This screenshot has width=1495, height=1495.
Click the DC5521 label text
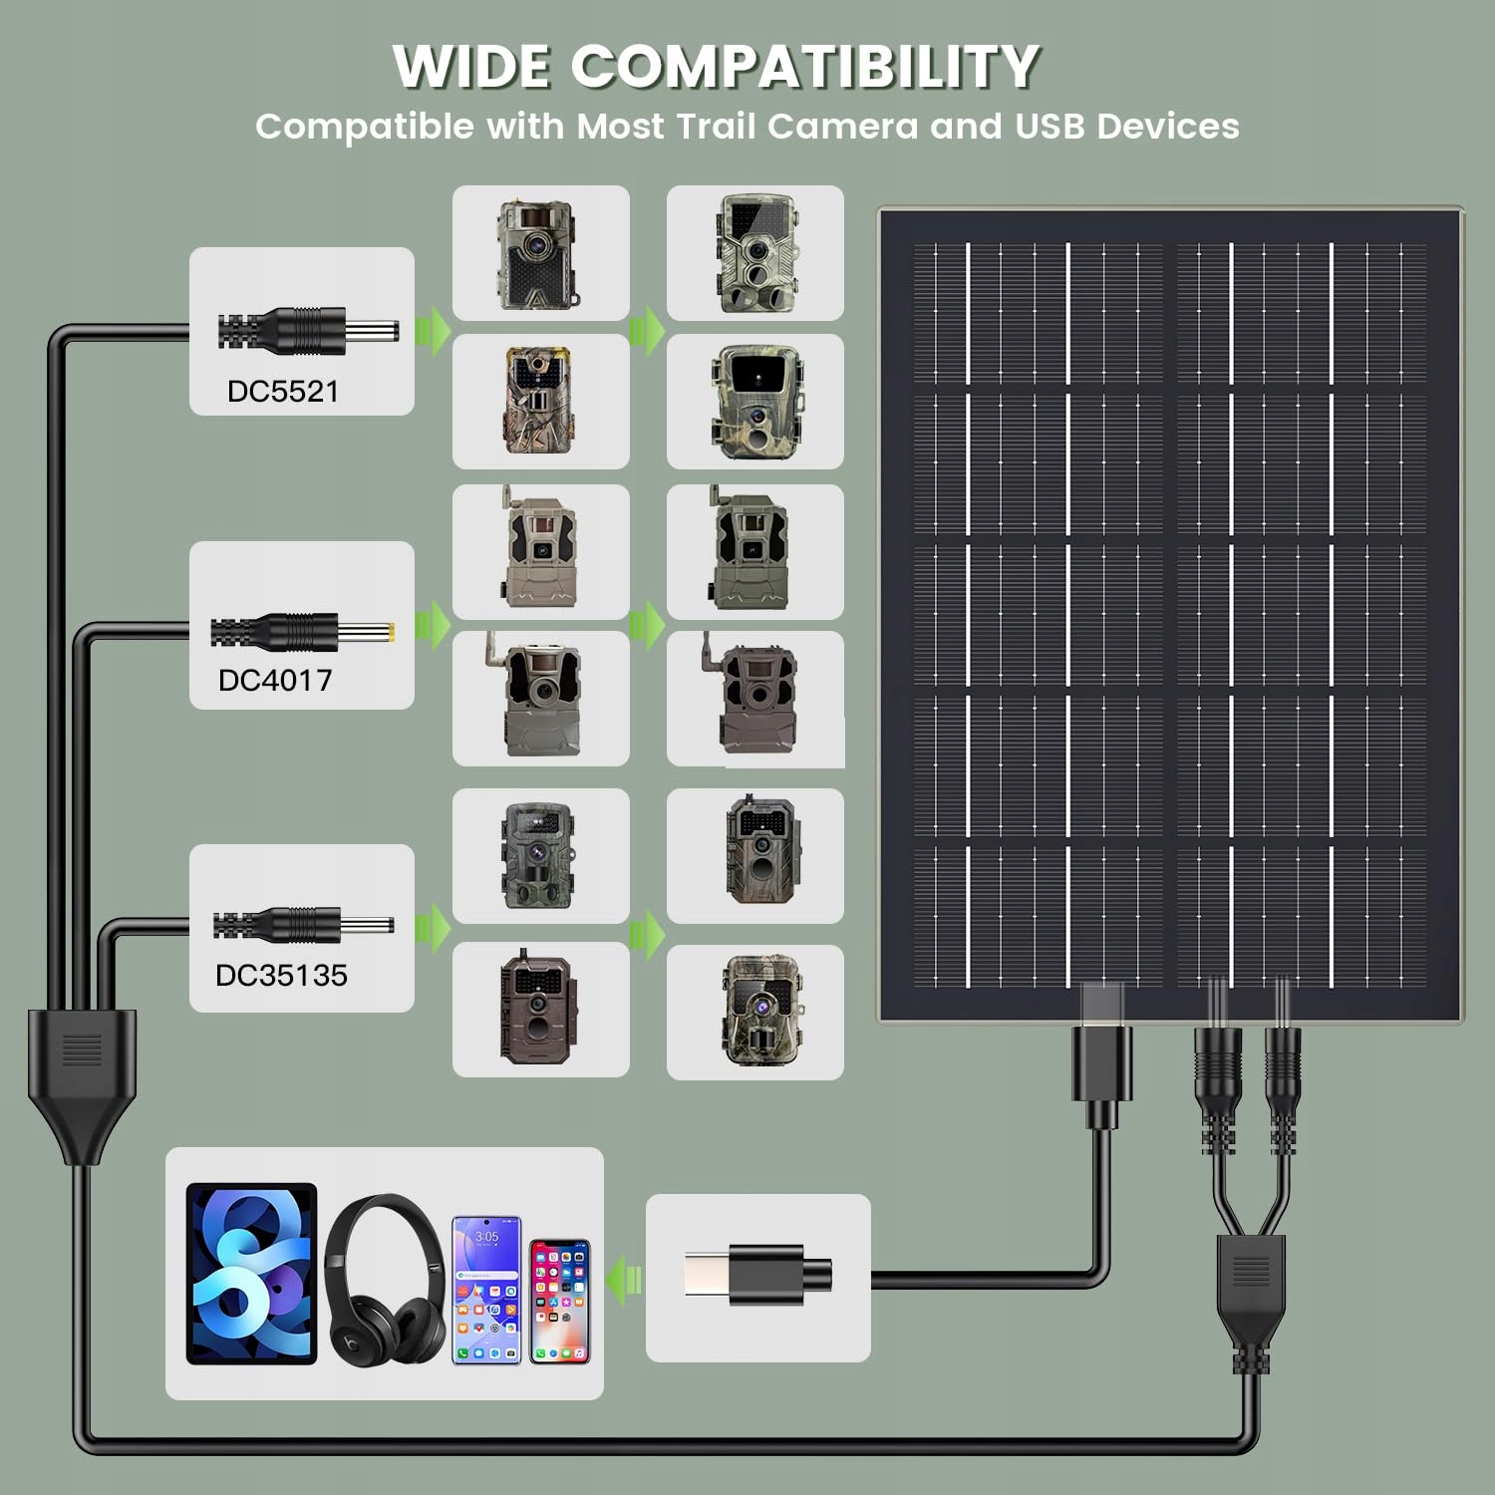[x=283, y=391]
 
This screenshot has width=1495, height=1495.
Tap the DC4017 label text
[x=275, y=680]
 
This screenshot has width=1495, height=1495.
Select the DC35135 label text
[x=281, y=975]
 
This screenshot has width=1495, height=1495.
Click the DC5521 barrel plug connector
[x=308, y=331]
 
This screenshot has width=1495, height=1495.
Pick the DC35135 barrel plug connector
[x=303, y=925]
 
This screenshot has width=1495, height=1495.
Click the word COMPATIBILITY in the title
[x=805, y=67]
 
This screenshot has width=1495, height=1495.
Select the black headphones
[x=386, y=1279]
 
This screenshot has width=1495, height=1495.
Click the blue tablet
[x=251, y=1274]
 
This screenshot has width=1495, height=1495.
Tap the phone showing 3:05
[x=487, y=1290]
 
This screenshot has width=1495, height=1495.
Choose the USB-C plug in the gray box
[x=758, y=1275]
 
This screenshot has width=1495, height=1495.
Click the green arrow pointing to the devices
[x=625, y=1279]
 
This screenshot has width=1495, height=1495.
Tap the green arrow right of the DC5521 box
[x=433, y=331]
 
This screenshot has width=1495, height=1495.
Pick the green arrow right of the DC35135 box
[x=433, y=928]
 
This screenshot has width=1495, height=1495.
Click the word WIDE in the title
[x=470, y=67]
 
